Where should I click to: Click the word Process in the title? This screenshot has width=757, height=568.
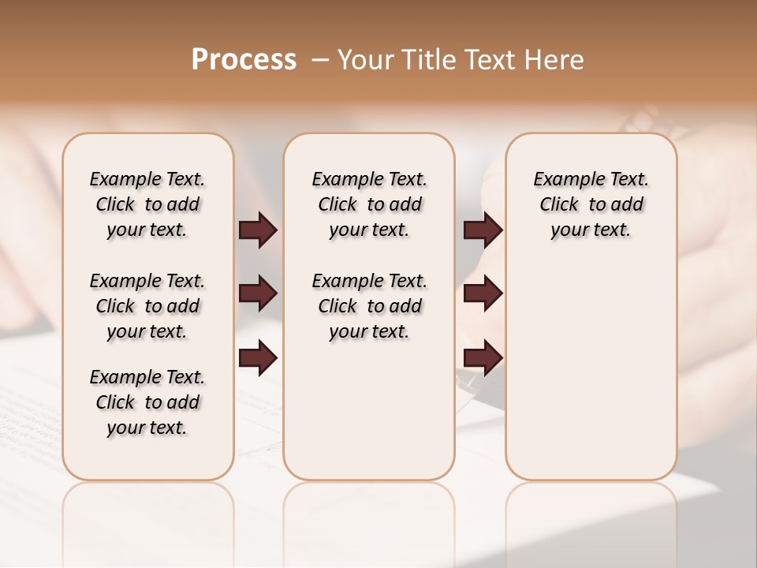point(244,60)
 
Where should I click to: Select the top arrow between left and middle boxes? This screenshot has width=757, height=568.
point(258,230)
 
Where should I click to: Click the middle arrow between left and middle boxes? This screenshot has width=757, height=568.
point(258,294)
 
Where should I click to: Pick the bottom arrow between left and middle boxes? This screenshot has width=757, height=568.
point(258,358)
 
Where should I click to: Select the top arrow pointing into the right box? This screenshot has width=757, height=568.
point(483,230)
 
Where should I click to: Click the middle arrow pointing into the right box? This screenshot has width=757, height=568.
point(483,294)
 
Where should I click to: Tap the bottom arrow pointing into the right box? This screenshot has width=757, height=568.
point(483,358)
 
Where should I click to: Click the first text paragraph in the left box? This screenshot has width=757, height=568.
point(147,204)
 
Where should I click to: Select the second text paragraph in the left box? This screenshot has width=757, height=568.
point(147,306)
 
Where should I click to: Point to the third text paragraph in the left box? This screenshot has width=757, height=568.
point(147,402)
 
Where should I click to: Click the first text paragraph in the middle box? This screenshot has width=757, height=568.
point(370,204)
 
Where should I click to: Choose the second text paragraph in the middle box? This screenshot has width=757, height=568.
point(370,306)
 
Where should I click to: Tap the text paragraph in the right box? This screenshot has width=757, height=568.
point(591,204)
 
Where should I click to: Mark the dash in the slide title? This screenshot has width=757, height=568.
point(320,60)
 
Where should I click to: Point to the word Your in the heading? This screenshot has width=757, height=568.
point(364,60)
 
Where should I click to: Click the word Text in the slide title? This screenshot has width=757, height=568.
point(487,60)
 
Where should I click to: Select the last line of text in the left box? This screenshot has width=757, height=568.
point(147,428)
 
